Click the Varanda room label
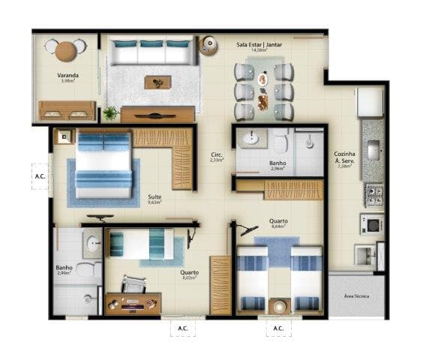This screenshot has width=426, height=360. (68, 76)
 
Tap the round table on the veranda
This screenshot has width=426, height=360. (66, 50)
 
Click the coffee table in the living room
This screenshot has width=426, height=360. (158, 82)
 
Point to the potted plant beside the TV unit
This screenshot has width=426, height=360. (110, 113)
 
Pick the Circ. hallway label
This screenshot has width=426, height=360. (217, 157)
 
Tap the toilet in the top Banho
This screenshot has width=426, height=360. (280, 139)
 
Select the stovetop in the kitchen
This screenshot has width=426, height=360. (373, 196)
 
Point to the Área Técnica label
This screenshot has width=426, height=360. (356, 295)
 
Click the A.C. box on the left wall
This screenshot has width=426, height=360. (40, 176)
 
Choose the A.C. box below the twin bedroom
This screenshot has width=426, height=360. (277, 328)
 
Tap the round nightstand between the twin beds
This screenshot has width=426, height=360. (280, 306)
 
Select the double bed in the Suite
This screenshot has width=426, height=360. (104, 166)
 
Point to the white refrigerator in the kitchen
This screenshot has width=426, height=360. (370, 102)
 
